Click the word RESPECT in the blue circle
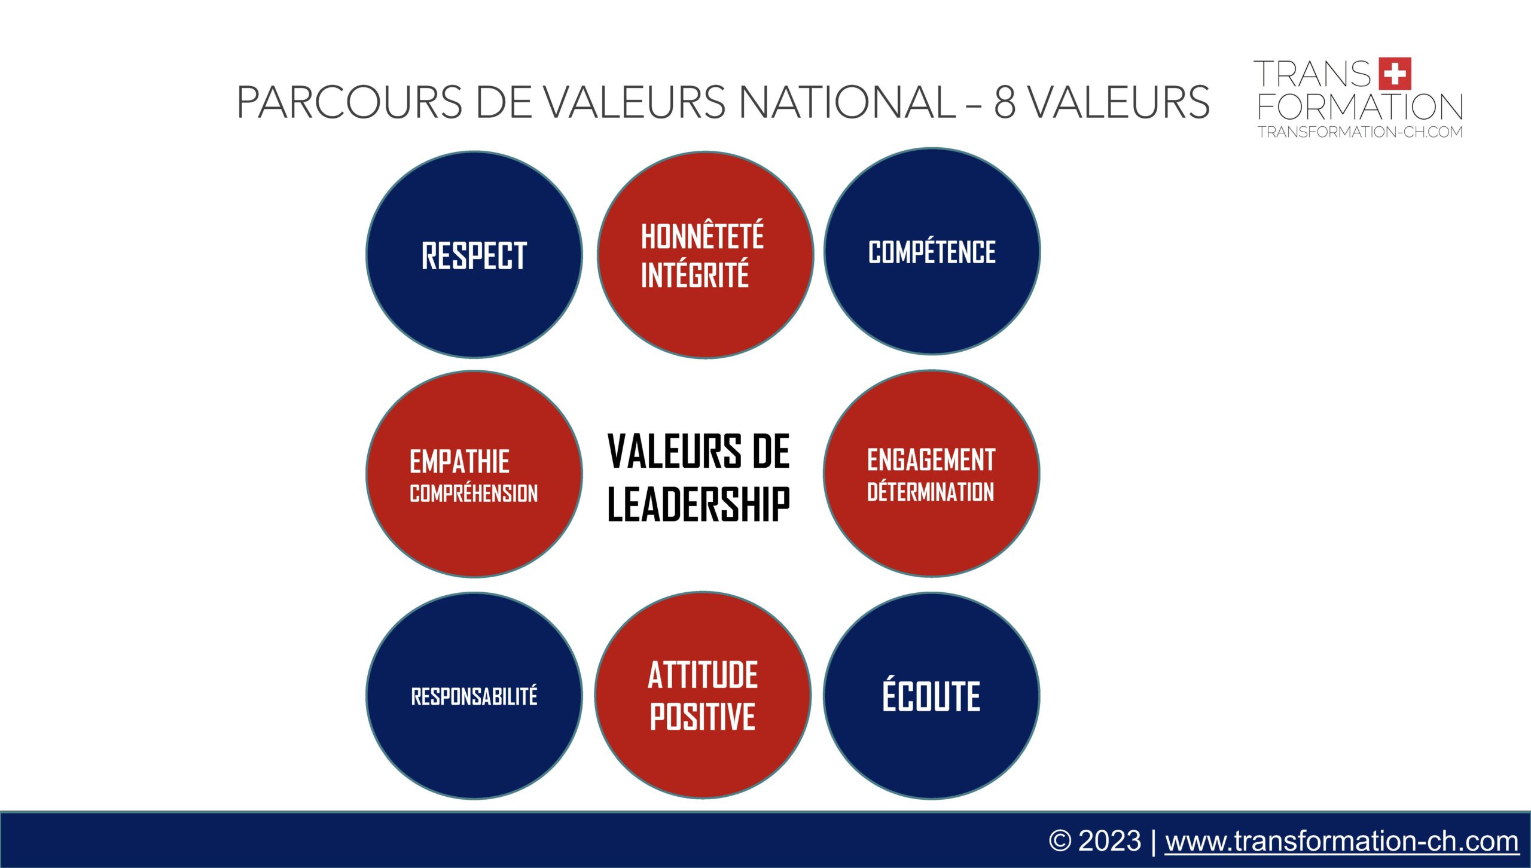[x=474, y=255]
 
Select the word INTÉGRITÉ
[x=694, y=274]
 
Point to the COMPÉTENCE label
[x=932, y=251]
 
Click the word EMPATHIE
[x=459, y=462]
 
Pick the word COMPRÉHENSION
[x=474, y=493]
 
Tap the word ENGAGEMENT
[x=931, y=460]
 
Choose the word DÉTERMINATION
[x=931, y=491]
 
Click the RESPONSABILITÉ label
[x=474, y=696]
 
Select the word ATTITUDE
[x=703, y=675]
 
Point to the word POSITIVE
[x=703, y=716]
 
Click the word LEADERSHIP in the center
[x=699, y=504]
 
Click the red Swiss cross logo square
[x=1395, y=74]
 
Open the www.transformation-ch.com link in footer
[x=1341, y=841]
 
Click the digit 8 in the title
[x=1005, y=102]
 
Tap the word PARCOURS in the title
[x=349, y=102]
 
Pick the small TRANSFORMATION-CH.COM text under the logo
[x=1360, y=132]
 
